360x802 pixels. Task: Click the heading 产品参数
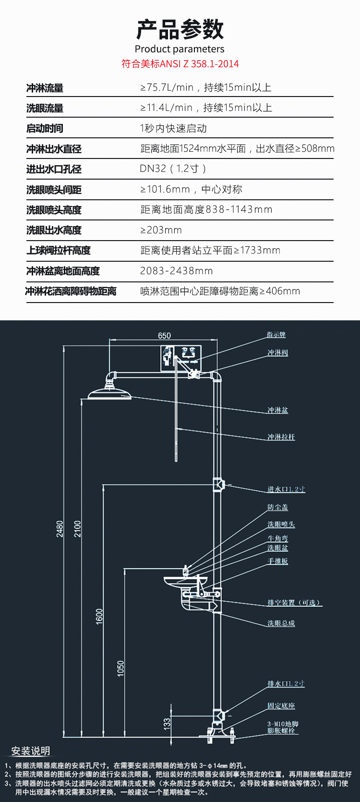click(180, 29)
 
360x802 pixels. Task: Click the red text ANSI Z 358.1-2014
click(199, 64)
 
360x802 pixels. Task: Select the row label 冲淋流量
click(45, 88)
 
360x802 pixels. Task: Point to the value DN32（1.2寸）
click(173, 169)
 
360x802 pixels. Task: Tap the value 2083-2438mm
click(176, 271)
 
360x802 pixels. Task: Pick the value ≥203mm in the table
click(161, 230)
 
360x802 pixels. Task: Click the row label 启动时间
click(45, 128)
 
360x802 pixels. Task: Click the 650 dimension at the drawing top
click(164, 336)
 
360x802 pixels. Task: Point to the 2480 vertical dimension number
click(60, 529)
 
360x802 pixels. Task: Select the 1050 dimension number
click(120, 668)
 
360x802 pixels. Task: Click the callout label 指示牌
click(276, 335)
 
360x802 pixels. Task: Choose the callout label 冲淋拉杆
click(281, 437)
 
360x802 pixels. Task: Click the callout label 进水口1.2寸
click(286, 489)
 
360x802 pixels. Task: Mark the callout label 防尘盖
click(278, 508)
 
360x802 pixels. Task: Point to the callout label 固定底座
click(281, 705)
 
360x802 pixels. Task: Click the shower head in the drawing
click(109, 393)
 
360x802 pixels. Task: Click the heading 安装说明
click(31, 751)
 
